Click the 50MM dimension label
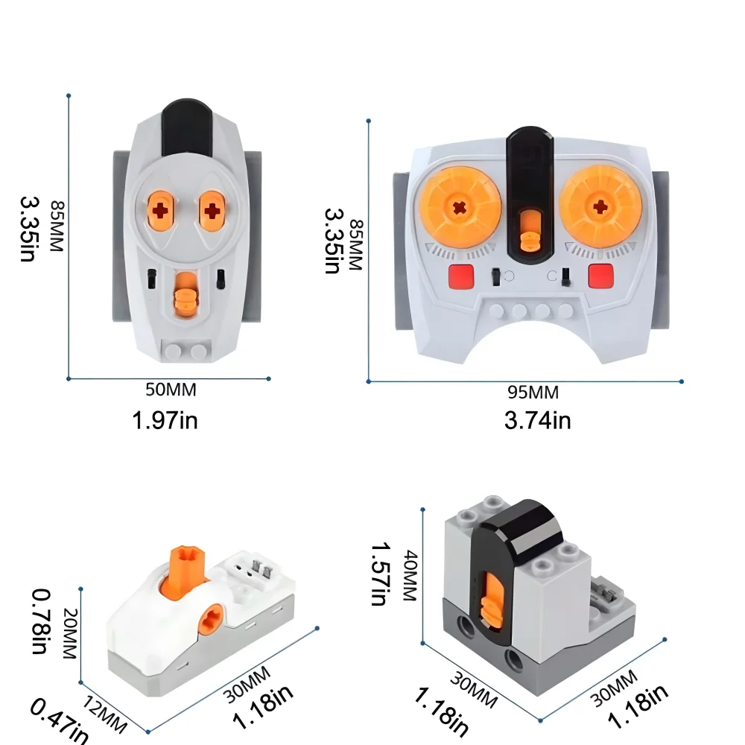tap(172, 390)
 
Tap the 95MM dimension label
tap(533, 393)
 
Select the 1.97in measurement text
tap(165, 420)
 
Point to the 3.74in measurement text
tap(537, 421)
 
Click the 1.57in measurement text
tap(381, 573)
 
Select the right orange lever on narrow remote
tap(213, 209)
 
